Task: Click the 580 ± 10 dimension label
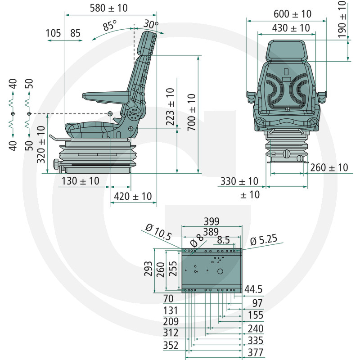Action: pyautogui.click(x=108, y=8)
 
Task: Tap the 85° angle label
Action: pyautogui.click(x=110, y=25)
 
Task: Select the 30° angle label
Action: pyautogui.click(x=151, y=24)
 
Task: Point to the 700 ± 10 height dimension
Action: pyautogui.click(x=192, y=112)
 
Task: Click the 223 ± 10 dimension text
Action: pyautogui.click(x=171, y=107)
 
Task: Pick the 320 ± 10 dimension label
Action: pyautogui.click(x=41, y=144)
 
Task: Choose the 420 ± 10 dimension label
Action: pyautogui.click(x=133, y=197)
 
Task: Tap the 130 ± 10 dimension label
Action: pyautogui.click(x=81, y=181)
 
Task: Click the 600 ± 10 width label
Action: pyautogui.click(x=292, y=14)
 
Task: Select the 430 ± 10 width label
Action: pyautogui.click(x=291, y=28)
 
